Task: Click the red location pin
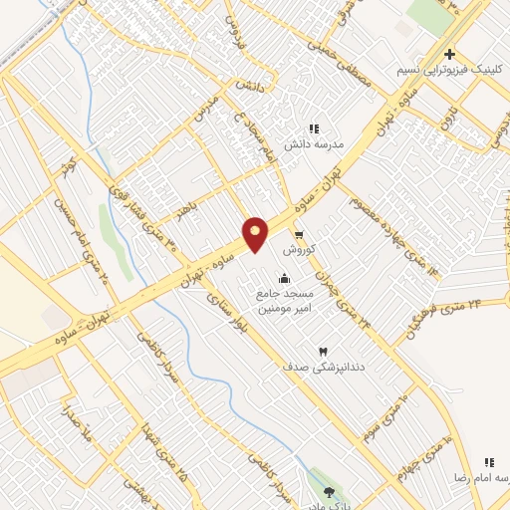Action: pos(256,234)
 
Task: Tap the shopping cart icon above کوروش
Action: pos(298,234)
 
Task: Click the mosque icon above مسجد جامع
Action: pos(286,278)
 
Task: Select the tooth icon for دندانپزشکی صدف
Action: pos(322,352)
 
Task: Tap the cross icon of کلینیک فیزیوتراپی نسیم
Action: pos(449,54)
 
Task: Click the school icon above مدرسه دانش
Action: pos(314,128)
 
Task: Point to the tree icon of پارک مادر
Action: pos(330,491)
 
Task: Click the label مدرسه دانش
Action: pos(315,144)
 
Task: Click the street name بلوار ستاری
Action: pos(221,313)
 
